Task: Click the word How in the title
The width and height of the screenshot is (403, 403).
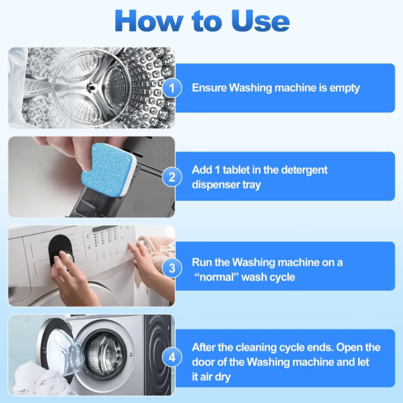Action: click(x=150, y=21)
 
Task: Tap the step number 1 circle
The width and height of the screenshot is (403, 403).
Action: click(x=172, y=88)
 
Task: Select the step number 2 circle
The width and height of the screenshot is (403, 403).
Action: click(x=172, y=177)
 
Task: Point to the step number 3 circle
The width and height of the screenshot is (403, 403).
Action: click(x=172, y=268)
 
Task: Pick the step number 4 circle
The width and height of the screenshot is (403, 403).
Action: click(x=172, y=357)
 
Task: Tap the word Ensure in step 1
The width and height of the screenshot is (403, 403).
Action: click(x=209, y=87)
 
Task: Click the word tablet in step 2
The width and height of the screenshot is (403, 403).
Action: click(x=236, y=170)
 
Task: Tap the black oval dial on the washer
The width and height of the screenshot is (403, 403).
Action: click(x=61, y=253)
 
